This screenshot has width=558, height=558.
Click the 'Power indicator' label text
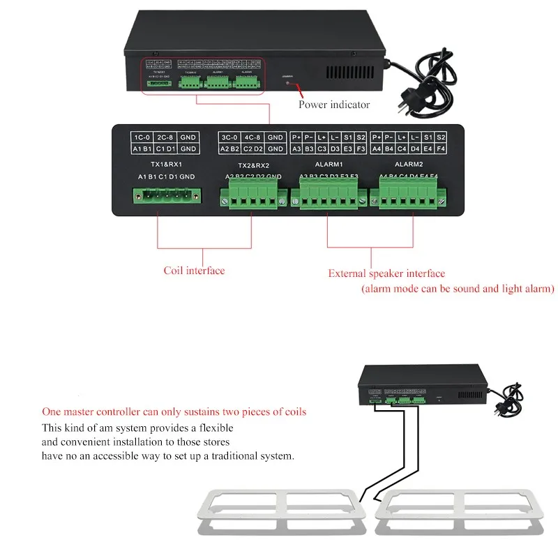click(334, 105)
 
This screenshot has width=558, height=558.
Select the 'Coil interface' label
click(194, 271)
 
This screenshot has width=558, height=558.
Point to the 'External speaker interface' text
click(386, 273)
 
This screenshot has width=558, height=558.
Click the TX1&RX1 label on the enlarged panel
click(162, 165)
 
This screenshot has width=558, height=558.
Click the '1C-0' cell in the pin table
click(142, 137)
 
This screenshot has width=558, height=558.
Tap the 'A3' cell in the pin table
click(296, 149)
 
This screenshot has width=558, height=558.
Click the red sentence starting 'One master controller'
click(174, 412)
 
